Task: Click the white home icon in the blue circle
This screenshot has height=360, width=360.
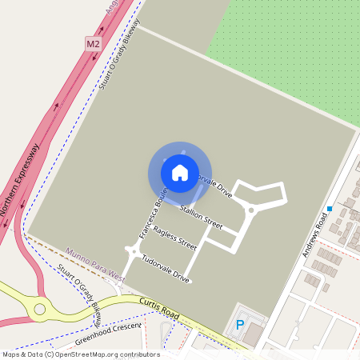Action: coord(180,172)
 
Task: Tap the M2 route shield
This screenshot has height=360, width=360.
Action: coord(94,43)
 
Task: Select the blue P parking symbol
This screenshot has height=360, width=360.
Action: coord(239,325)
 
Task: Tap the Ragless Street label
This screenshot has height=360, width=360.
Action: coord(174,238)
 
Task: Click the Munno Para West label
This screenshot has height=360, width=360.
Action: coord(95,265)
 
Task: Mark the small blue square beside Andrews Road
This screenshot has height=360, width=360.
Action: coord(329,210)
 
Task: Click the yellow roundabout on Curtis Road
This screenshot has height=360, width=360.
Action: coord(38,308)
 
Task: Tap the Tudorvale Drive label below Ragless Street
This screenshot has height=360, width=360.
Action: coord(165,270)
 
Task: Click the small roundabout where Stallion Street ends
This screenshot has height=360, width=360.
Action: coord(250,210)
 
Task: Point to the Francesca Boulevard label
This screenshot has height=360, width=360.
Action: coord(152,214)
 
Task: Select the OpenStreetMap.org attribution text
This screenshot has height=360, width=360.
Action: coord(104,354)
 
